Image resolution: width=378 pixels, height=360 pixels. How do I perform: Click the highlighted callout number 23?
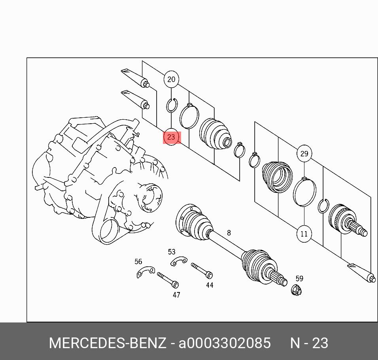point(171,137)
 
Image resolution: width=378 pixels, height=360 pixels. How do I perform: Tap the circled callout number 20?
point(171,79)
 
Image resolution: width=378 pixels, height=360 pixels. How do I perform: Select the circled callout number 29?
point(304,153)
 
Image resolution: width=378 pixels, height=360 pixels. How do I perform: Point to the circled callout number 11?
point(304,234)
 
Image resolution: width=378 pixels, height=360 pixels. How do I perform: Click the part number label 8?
point(229,233)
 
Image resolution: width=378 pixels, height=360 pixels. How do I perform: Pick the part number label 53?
point(172,252)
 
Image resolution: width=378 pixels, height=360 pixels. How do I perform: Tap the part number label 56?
point(138,262)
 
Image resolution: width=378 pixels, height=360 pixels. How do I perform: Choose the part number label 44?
point(210,285)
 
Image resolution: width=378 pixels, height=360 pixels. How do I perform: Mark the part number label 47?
point(176,295)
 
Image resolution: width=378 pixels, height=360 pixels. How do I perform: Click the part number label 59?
point(299,279)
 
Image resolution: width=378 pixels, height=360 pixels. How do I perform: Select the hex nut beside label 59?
point(297,290)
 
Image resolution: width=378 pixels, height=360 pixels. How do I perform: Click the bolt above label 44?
point(202,270)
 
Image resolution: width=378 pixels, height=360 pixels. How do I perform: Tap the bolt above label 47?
point(168,280)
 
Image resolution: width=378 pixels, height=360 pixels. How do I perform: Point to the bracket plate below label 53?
point(179,261)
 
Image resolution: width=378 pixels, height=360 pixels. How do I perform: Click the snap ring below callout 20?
point(172,105)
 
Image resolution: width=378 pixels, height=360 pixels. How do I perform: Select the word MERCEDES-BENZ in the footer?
point(108,343)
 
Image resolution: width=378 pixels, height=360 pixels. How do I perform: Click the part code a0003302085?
point(225,343)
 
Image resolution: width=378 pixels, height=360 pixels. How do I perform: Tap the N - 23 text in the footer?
point(309,343)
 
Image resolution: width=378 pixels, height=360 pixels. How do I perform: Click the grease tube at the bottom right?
point(362,273)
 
